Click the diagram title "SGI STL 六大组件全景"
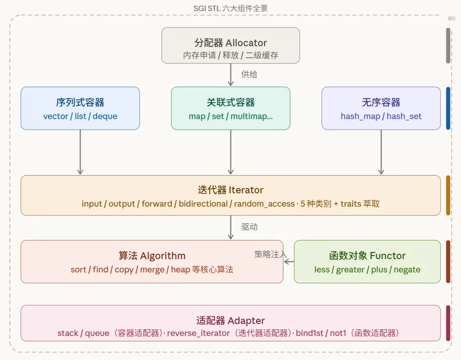point(230,8)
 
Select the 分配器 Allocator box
point(230,45)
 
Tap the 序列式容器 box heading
point(80,103)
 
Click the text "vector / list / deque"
point(80,116)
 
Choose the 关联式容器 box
point(230,108)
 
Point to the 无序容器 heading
point(381,103)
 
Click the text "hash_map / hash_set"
point(381,116)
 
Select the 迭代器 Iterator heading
point(230,190)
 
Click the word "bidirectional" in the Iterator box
point(203,204)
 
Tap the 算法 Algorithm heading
point(152,256)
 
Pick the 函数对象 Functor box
point(367,262)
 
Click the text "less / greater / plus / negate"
point(367,270)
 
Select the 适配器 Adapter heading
point(230,320)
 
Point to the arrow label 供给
point(249,74)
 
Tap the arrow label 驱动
point(249,227)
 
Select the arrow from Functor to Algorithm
point(289,262)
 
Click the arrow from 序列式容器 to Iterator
point(80,152)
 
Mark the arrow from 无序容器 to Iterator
point(381,152)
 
